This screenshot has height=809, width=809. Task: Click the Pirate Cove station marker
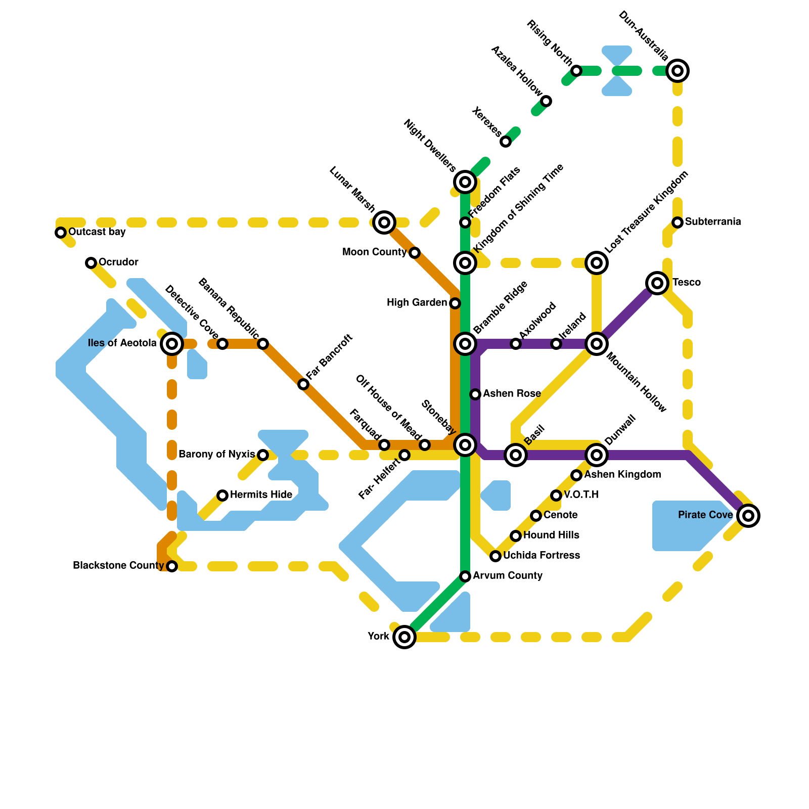tap(748, 516)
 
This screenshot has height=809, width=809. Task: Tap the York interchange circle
tap(404, 637)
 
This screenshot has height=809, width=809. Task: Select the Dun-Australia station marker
tap(678, 71)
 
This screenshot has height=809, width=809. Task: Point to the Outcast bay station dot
tap(61, 233)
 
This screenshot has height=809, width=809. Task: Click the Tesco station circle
tap(657, 283)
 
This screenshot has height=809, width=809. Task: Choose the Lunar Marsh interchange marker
tap(384, 222)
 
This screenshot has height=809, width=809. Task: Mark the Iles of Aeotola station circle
tap(172, 344)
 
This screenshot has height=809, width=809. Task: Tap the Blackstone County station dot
tap(172, 566)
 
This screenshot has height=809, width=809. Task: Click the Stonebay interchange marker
tap(465, 445)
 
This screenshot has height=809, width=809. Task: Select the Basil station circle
tap(516, 455)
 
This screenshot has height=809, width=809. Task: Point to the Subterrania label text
tap(713, 222)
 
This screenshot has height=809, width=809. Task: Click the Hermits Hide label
tap(261, 495)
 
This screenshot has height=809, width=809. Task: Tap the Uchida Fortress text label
tap(542, 556)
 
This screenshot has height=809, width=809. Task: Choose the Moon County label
tap(374, 252)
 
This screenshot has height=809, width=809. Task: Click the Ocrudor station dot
tap(91, 263)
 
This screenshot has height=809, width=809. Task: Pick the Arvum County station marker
tap(465, 576)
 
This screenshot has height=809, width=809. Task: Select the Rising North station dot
tap(576, 71)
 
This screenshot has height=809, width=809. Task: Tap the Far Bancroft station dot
tap(303, 384)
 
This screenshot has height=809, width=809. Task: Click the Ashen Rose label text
tap(512, 394)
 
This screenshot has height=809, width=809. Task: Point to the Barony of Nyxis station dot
tap(263, 455)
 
